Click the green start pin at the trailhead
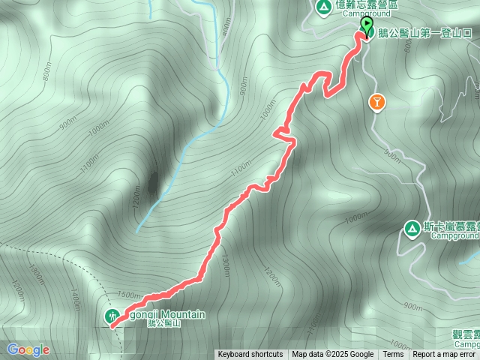tap(366, 26)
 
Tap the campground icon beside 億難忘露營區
tap(323, 8)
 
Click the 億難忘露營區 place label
tap(367, 4)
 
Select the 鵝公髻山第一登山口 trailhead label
tap(424, 34)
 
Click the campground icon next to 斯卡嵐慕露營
tap(412, 227)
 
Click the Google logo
tap(28, 349)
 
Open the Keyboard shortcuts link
tap(250, 355)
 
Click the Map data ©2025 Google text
tap(333, 355)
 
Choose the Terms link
tap(393, 355)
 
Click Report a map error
tap(444, 355)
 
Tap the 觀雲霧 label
tap(465, 334)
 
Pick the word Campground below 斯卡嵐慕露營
tap(451, 235)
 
